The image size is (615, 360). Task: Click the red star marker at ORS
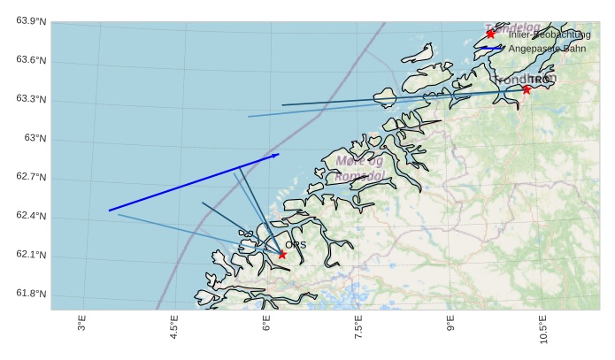(x=282, y=255)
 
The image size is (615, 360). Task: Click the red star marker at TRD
(x=527, y=88)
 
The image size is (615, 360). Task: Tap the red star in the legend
(x=490, y=34)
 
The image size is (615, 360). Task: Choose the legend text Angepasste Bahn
(x=547, y=49)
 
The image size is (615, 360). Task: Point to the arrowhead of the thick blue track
(x=278, y=154)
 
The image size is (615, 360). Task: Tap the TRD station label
(x=539, y=80)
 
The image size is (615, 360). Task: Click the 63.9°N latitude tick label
(x=31, y=21)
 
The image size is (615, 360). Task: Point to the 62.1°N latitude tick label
(x=31, y=256)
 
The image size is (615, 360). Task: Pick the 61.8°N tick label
(x=31, y=295)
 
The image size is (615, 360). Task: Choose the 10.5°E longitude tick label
(x=543, y=332)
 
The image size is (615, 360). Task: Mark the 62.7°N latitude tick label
(x=31, y=178)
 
